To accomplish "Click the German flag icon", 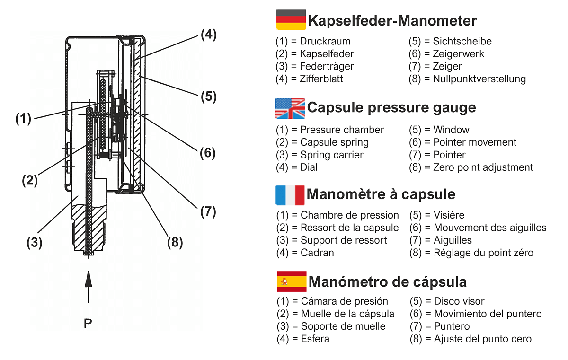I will point(291,20).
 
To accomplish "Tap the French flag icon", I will point(290,194).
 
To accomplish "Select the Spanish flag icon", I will point(291,282).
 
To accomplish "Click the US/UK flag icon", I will point(290,108).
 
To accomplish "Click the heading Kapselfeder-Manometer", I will point(392,21).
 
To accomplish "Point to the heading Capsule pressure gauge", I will point(391,108).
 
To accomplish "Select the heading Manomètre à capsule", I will point(381,194).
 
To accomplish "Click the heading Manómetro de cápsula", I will point(388,282).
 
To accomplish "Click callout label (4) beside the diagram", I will point(209,35).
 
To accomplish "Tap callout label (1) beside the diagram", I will point(23,118).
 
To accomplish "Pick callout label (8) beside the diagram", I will point(175,242).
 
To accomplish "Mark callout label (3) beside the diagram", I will point(34,243).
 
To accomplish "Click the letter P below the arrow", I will point(88,324).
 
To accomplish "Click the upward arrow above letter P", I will point(88,287).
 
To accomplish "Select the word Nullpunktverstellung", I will point(479,79).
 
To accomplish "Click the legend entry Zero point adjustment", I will point(483,167).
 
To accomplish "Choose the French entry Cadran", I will point(317,253).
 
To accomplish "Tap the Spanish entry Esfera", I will point(315,339).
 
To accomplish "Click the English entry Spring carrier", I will point(332,155).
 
